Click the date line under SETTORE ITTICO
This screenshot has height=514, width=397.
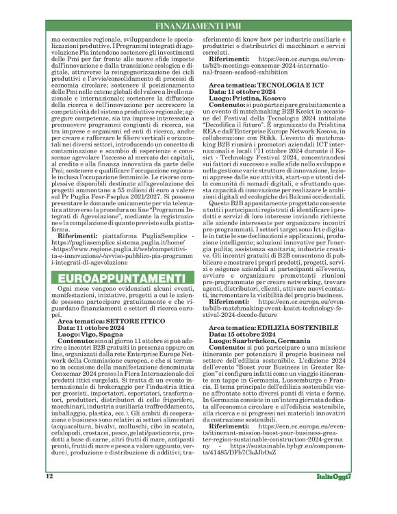[x=92, y=326]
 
